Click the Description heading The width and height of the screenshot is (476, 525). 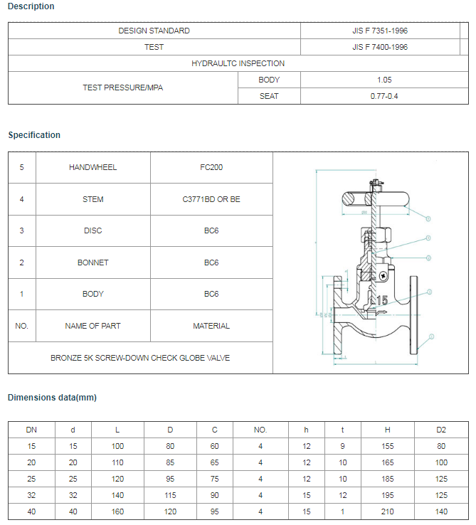(x=31, y=6)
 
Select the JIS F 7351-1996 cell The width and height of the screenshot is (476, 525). (x=380, y=31)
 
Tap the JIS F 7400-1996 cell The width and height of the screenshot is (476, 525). (x=380, y=47)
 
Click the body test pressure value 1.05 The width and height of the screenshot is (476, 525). (x=384, y=80)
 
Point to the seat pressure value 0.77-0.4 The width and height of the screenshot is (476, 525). (x=384, y=96)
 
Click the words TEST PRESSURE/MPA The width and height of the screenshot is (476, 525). (x=123, y=88)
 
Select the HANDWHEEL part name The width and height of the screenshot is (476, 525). (x=92, y=167)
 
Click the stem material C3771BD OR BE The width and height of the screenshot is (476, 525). (x=211, y=199)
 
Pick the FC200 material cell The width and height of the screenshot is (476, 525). (x=211, y=167)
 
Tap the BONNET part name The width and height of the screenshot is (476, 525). (x=92, y=262)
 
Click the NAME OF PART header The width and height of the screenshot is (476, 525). (x=92, y=326)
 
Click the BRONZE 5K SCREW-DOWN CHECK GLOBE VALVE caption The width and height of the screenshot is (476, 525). (x=140, y=358)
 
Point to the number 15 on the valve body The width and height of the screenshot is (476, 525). (x=382, y=301)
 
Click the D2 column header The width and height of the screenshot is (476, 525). (x=441, y=430)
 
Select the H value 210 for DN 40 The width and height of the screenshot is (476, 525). (x=388, y=511)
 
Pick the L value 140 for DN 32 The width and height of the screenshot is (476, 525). (x=117, y=495)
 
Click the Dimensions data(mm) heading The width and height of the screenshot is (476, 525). (x=52, y=397)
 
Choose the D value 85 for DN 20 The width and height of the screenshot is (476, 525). (x=170, y=462)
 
